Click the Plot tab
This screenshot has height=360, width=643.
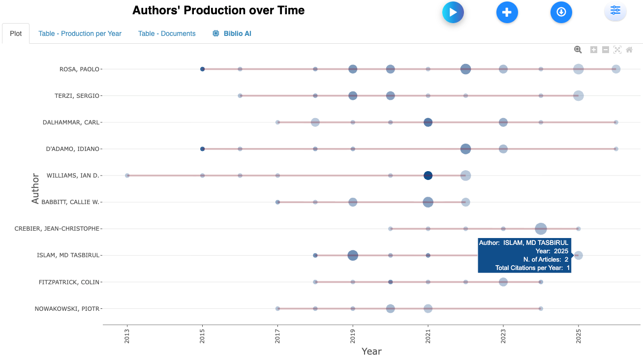16,33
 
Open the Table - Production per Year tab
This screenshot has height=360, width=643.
80,33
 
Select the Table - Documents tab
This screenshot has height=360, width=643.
167,33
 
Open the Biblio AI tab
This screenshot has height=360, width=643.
232,33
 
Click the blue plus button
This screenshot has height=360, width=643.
507,12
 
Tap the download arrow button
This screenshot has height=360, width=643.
561,12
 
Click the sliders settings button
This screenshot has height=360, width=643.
615,11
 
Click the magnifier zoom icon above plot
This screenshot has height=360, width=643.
578,50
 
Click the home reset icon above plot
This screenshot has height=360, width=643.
629,50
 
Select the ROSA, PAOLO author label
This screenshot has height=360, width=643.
79,69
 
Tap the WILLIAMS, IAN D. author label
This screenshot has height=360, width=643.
73,176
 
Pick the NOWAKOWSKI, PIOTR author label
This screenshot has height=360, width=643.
67,309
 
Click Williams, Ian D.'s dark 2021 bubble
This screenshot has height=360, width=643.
428,176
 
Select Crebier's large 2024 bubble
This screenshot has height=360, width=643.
541,229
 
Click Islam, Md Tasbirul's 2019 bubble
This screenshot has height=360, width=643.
353,255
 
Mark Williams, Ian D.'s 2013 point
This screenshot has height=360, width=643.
127,176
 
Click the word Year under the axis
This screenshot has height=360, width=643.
371,351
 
